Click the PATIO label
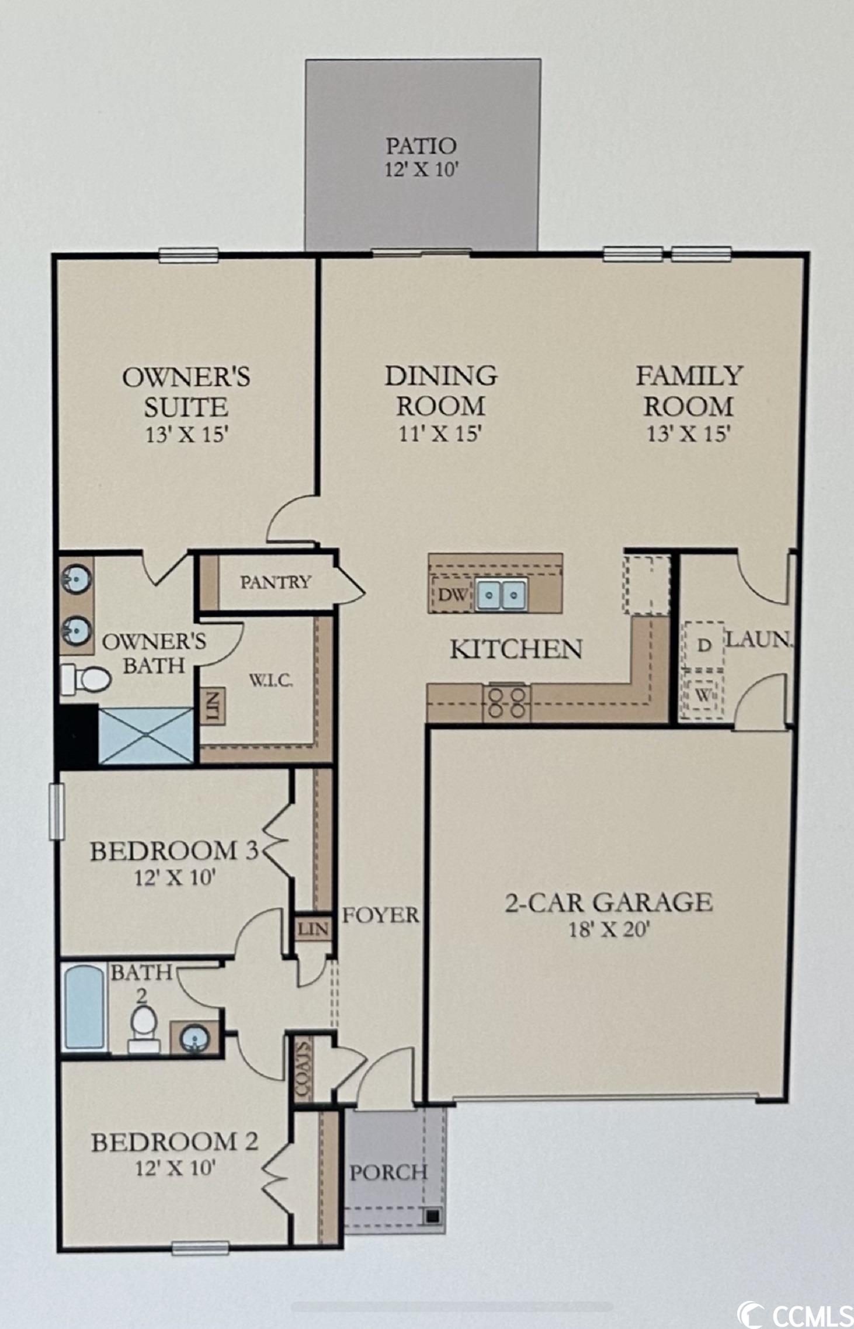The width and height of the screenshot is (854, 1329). pos(421,145)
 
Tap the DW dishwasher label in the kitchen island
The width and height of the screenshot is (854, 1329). pos(453,595)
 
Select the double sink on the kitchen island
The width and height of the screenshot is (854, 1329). pos(501,595)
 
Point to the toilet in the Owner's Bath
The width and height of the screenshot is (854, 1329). pos(86,679)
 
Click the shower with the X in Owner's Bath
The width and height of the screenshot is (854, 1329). pos(146,735)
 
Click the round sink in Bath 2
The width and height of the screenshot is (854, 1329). pos(195,1038)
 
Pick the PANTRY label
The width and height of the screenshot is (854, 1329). pos(276,582)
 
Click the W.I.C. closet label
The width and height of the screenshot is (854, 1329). pos(271,681)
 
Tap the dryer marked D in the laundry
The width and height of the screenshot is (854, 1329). pos(704,646)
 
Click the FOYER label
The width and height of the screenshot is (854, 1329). pos(380,915)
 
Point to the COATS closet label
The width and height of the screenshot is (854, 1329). pos(302,1069)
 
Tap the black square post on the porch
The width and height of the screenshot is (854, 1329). pos(432,1217)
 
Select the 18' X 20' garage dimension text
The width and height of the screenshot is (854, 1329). pos(609,929)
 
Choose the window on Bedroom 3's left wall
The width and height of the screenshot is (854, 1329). pos(57,811)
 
